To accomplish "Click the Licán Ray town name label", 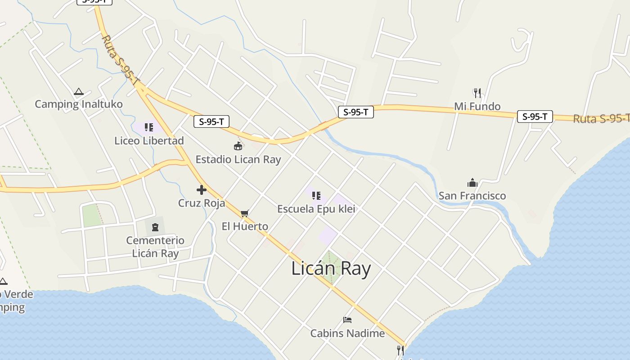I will coord(331,269).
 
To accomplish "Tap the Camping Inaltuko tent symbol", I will coord(79,92).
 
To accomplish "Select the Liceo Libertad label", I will coord(149,141).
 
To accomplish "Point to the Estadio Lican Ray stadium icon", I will coord(238,146).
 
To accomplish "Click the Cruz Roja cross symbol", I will coord(201,190).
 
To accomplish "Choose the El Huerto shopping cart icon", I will coord(244,213).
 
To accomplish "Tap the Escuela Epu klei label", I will coord(316,209).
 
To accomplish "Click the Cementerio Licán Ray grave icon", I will coord(155,227).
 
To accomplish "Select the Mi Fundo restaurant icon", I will coord(477,93).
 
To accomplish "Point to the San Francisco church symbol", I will coord(472,183).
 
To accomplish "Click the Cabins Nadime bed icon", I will coord(347,320).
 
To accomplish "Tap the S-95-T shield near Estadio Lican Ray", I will coord(211,121).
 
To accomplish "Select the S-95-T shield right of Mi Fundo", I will coord(535,117).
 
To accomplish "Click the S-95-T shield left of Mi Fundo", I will coord(355,112).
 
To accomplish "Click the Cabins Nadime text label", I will coord(347,333).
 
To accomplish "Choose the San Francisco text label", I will coord(472,196).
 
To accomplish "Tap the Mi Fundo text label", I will coord(477,107).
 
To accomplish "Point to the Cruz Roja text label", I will coord(201,203).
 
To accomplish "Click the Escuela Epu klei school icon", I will coord(316,196).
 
